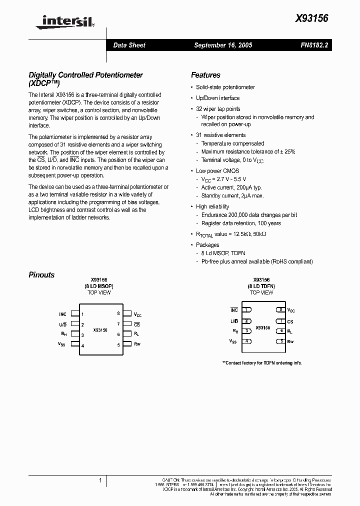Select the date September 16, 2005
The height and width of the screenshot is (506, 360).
(x=223, y=45)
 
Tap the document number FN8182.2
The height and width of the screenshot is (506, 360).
(x=314, y=45)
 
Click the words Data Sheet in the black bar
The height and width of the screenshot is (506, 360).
(x=129, y=45)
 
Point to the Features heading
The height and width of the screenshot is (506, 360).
(x=205, y=75)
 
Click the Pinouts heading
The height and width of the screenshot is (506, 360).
(x=41, y=274)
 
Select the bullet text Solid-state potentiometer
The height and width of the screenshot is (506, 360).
(x=225, y=87)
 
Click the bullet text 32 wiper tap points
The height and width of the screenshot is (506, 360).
(x=218, y=108)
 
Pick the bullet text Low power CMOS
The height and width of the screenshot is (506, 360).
(x=217, y=170)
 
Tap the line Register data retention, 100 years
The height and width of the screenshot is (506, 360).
(x=241, y=223)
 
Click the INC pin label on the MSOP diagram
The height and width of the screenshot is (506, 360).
(x=62, y=314)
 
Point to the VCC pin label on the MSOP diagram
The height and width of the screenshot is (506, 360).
(x=137, y=314)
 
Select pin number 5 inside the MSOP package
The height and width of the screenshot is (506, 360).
(x=118, y=345)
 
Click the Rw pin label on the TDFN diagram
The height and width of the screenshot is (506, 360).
(x=290, y=341)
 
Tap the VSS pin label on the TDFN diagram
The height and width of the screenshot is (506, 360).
(x=233, y=341)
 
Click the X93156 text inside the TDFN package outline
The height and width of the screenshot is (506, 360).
(x=263, y=328)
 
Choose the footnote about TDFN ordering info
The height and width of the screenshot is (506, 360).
(x=262, y=363)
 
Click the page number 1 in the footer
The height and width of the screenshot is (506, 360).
(x=100, y=480)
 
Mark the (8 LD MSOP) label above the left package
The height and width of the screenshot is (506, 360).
(x=99, y=286)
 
